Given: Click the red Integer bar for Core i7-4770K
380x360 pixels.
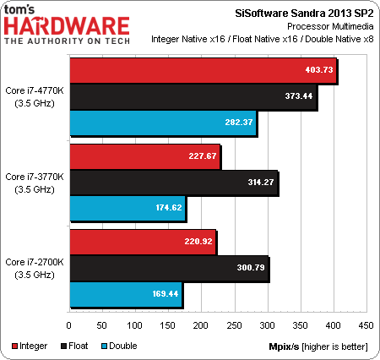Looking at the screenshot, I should [203, 71].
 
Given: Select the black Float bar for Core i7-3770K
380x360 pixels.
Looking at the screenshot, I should [173, 183].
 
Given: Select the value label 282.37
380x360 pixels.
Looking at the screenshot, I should [238, 123].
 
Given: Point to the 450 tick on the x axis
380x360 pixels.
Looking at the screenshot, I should [365, 325].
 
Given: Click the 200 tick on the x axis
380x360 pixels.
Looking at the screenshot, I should [200, 325].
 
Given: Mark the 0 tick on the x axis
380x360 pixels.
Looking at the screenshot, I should [68, 325].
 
